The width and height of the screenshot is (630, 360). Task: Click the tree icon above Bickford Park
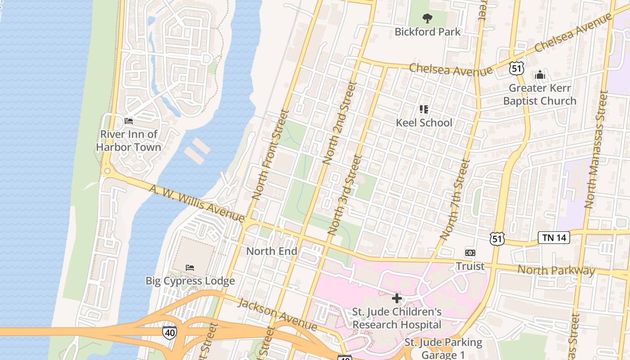coord(427,18)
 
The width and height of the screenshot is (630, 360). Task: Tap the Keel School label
coord(424,122)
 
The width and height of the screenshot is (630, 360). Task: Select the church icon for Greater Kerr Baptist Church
coord(540,75)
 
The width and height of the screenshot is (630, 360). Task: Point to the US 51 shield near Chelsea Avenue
coord(517,68)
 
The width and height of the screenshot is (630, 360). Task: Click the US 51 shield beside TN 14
coord(497,238)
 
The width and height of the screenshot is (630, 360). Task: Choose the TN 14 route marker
coord(554,238)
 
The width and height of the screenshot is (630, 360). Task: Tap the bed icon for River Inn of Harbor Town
coord(129,121)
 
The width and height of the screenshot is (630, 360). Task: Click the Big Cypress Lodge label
coord(190,281)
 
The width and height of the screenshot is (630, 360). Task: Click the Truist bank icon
coord(470,253)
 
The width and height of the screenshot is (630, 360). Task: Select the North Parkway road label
coord(556,270)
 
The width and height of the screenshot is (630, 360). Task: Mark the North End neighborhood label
coord(271,251)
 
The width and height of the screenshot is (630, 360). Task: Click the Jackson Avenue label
coord(277,314)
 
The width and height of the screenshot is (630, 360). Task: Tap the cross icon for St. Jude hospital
coord(396,298)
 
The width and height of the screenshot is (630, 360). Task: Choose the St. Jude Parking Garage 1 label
coord(443,348)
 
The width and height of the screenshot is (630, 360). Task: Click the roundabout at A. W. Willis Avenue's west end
coord(107,171)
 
